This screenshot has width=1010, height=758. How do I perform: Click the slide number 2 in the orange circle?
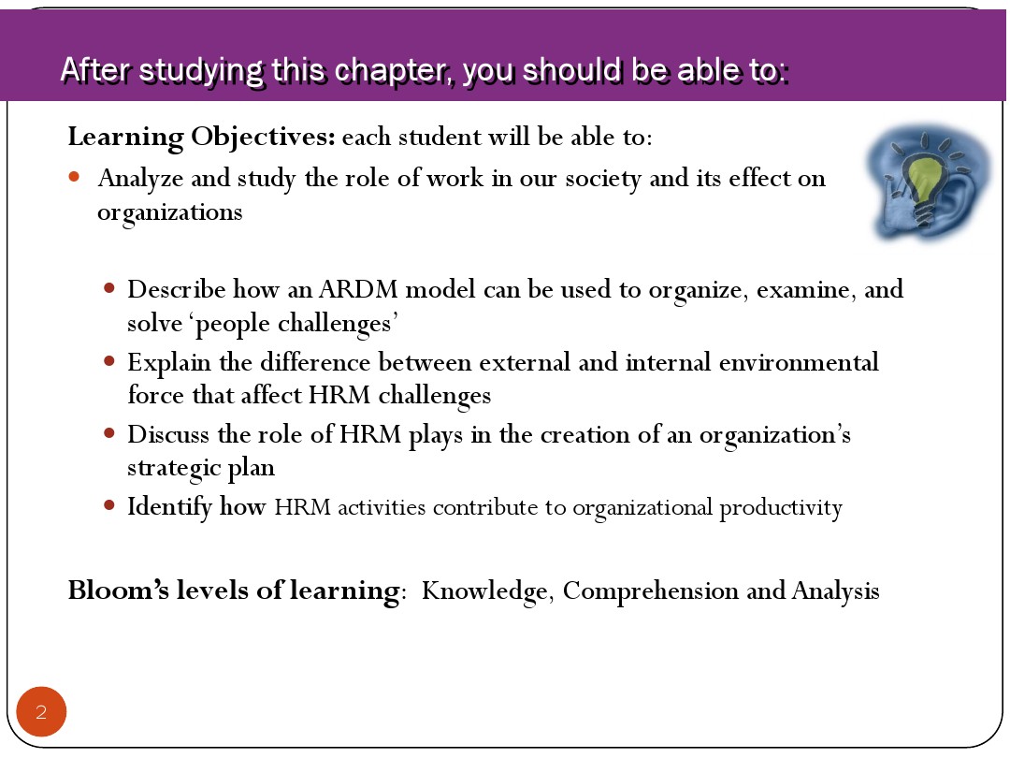[41, 712]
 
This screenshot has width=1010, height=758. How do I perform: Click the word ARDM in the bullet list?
[358, 290]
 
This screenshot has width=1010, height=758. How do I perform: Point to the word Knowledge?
[484, 591]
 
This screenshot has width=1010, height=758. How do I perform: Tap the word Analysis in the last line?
[835, 591]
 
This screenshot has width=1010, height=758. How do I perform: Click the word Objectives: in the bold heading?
[263, 138]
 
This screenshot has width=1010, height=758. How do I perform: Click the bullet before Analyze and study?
[74, 177]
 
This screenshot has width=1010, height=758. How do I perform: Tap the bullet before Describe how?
[108, 288]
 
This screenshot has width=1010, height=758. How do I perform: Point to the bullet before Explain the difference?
[108, 361]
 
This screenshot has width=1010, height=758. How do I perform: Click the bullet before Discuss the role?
[108, 433]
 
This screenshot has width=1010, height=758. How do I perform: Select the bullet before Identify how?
[108, 505]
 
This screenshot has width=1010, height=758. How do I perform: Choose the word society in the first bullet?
[603, 179]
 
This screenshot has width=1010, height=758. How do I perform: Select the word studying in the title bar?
[201, 72]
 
